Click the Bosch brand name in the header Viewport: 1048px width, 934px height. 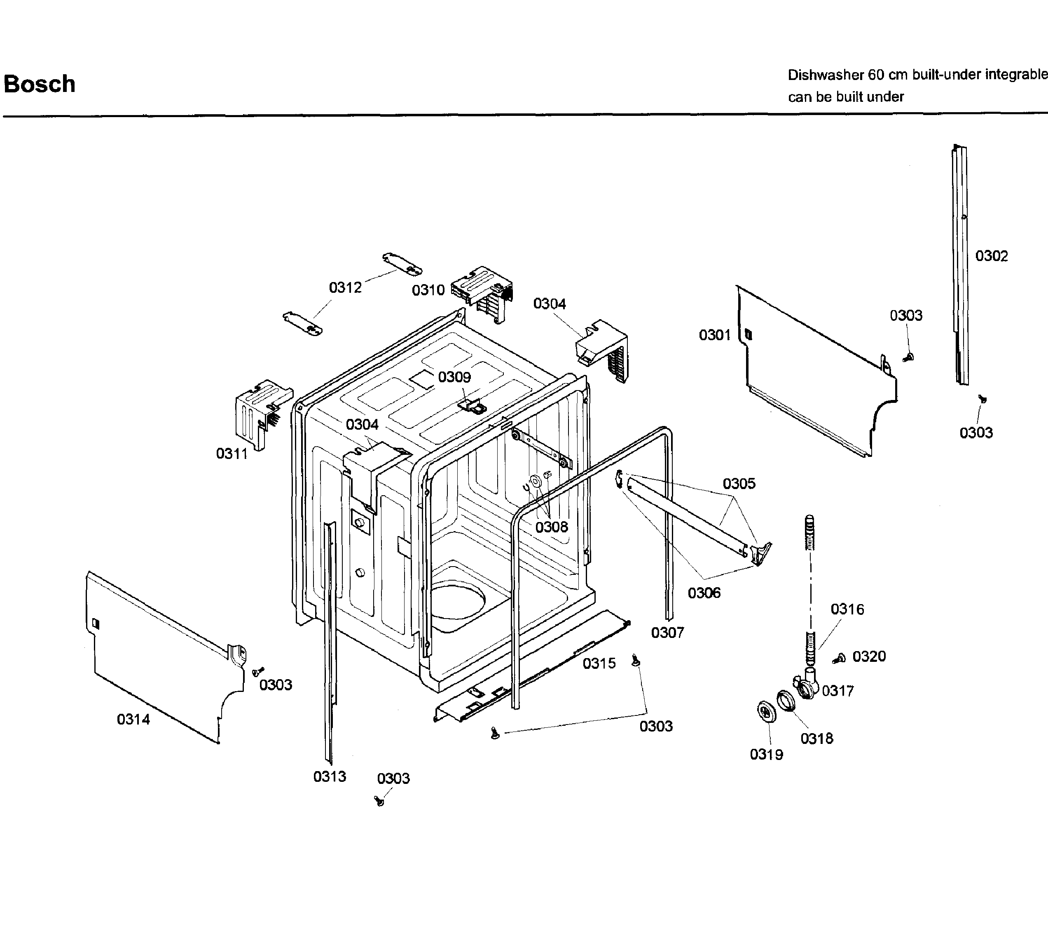click(40, 84)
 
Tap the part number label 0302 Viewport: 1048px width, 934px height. click(991, 256)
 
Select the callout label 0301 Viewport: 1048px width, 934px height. click(714, 335)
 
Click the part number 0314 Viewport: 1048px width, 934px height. click(133, 720)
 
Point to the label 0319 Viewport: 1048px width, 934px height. click(766, 754)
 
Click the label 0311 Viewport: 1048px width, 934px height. click(232, 454)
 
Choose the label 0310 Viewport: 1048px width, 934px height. click(428, 290)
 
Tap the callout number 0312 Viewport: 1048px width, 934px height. click(345, 287)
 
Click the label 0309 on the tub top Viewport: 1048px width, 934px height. click(454, 377)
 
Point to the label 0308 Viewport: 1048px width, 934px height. click(552, 527)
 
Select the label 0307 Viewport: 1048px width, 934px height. click(667, 633)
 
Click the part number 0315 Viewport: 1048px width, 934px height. click(599, 663)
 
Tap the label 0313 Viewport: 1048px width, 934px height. click(330, 776)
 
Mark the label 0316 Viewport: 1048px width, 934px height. click(847, 609)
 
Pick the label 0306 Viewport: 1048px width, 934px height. click(704, 593)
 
